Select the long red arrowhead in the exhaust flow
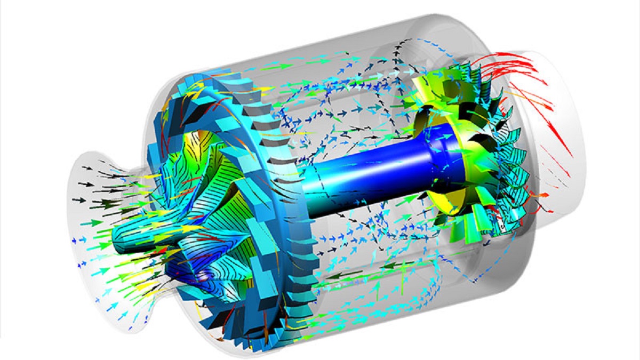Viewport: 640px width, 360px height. pos(560,144)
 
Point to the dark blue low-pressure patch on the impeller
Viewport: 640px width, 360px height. pos(205,275)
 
